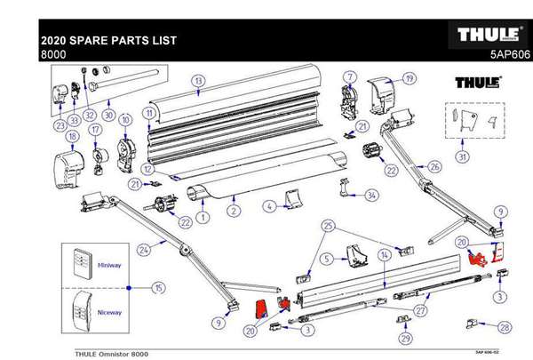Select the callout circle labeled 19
pos(409,78)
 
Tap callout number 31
pos(460,157)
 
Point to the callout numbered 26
pos(434,165)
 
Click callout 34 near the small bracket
pos(371,194)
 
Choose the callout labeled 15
pos(158,287)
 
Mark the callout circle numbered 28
pos(505,327)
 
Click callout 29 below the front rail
pos(405,339)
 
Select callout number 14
pos(384,253)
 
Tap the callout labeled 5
pos(327,259)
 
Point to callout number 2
pos(233,212)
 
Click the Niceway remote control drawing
pos(83,311)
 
